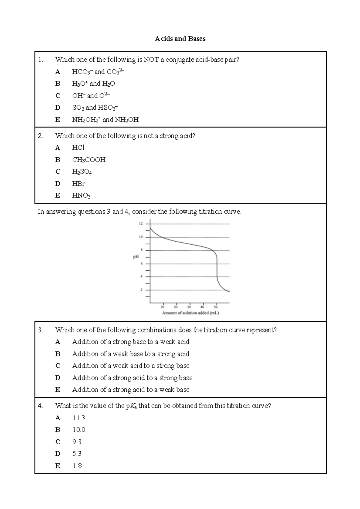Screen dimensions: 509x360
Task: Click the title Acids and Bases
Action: point(180,39)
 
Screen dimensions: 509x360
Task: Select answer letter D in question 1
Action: point(58,107)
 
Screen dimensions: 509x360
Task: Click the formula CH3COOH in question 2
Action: point(89,160)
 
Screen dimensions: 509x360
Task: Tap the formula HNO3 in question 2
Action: point(81,196)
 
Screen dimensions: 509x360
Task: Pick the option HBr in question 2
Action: point(78,183)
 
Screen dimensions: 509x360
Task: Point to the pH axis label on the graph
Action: point(136,257)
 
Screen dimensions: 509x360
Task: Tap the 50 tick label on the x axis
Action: point(216,307)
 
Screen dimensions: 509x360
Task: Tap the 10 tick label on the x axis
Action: point(162,307)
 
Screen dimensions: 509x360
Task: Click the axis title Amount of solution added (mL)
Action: point(190,313)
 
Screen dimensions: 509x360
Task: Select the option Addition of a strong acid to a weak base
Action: point(131,390)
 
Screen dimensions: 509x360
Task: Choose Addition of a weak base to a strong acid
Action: point(131,354)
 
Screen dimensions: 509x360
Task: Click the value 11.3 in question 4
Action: point(79,418)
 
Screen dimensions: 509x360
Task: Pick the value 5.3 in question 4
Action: point(77,454)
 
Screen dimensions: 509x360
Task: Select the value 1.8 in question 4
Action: point(77,466)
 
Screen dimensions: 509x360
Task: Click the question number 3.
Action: point(40,330)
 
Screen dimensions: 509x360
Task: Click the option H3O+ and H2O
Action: point(94,84)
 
